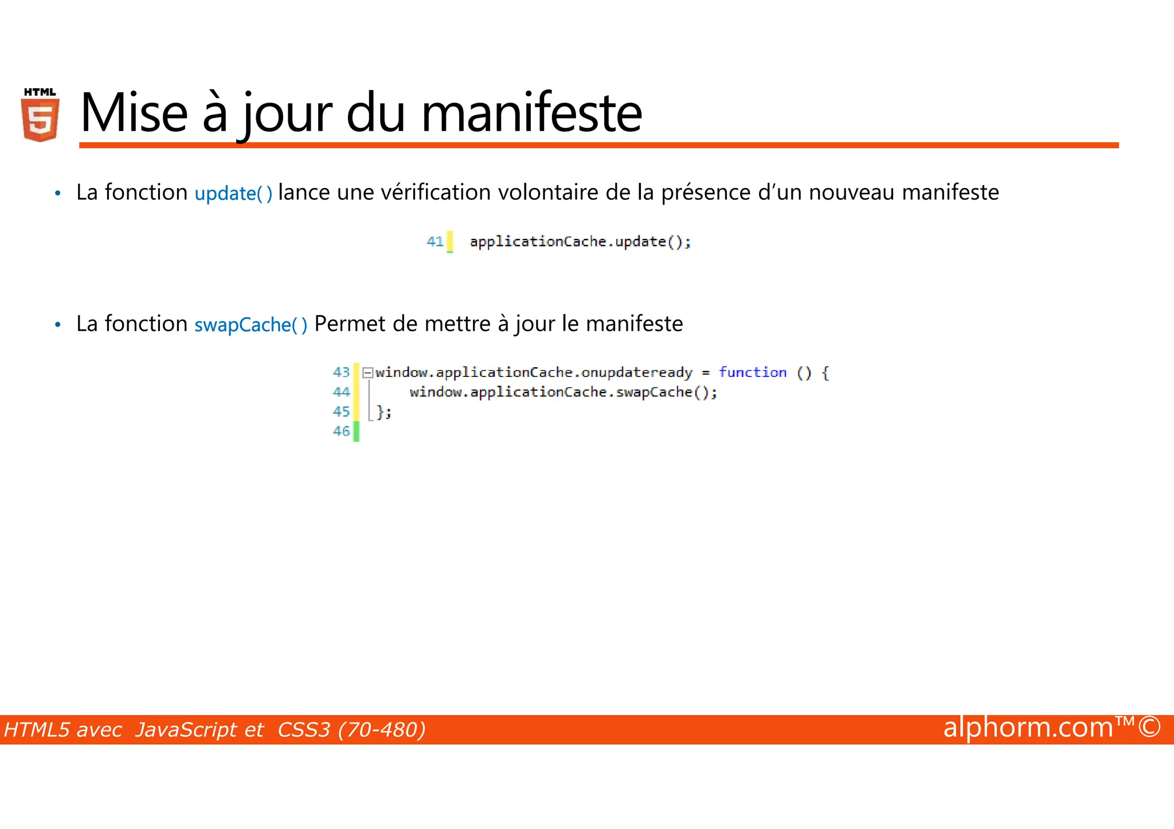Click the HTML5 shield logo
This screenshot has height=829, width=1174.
point(40,115)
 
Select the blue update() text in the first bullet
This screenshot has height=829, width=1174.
point(233,193)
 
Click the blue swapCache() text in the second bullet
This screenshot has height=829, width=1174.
point(251,325)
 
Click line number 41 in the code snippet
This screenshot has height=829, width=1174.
point(435,242)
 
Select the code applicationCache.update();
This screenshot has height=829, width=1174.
point(580,242)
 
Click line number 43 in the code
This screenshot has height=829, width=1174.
point(341,372)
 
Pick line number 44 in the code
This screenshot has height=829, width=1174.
point(341,392)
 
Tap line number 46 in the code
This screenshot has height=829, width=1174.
point(341,431)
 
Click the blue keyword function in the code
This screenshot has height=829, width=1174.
point(753,372)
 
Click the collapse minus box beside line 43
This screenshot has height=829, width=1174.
point(367,373)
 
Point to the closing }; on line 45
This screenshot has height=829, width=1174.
point(384,412)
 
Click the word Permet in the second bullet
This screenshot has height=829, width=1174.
point(350,324)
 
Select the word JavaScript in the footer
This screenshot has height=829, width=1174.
point(199,730)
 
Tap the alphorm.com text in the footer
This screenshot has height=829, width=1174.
point(1028,728)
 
